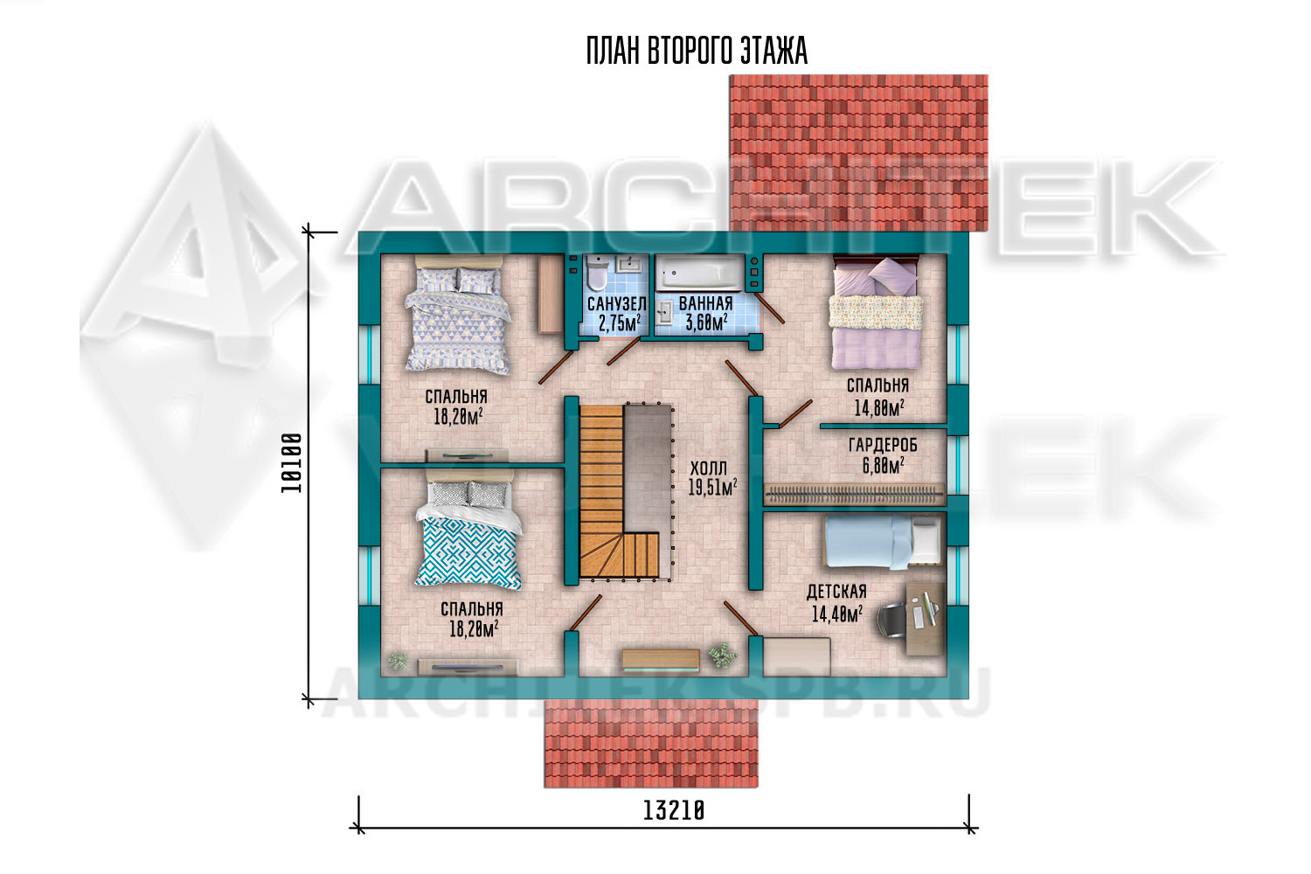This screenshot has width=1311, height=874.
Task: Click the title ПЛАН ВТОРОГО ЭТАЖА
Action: (x=697, y=51)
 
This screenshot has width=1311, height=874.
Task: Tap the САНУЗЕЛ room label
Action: (x=617, y=304)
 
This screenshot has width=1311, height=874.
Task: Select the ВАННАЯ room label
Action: (x=706, y=303)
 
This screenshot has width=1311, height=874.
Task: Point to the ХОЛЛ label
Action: (x=708, y=468)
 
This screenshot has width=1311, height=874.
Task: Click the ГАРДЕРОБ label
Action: (x=883, y=446)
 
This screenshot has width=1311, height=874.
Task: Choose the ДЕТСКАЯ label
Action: (x=836, y=592)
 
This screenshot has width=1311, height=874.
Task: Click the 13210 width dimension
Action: (x=674, y=811)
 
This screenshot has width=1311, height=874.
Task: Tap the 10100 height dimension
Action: (x=291, y=463)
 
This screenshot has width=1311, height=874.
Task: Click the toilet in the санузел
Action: (x=598, y=274)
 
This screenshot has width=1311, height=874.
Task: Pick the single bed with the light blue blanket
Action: (x=884, y=541)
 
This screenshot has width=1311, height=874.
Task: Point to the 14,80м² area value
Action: (x=879, y=408)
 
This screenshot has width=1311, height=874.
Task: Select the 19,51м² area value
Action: (x=712, y=487)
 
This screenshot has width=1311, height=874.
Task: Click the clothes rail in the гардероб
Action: (x=854, y=496)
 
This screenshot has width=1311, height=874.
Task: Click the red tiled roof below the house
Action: (x=651, y=743)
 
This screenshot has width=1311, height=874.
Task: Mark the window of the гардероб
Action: (x=958, y=465)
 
